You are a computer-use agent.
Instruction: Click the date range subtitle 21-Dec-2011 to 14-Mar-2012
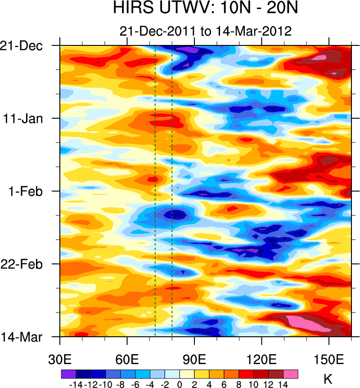[206, 31]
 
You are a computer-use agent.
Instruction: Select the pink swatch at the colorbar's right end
[291, 374]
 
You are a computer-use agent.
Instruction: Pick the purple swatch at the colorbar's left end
[68, 374]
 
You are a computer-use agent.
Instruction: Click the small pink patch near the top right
[319, 58]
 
